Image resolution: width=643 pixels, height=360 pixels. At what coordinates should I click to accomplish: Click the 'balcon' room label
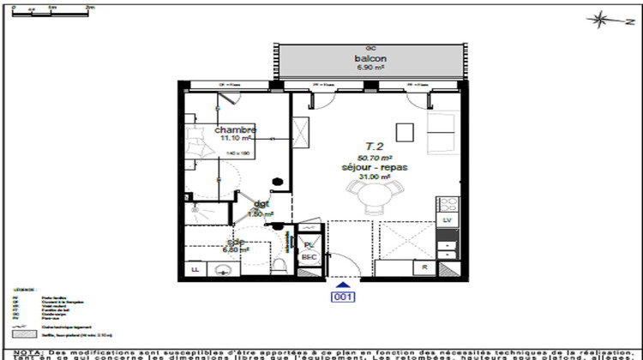point(370,58)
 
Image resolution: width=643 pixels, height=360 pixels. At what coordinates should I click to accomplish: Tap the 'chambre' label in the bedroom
point(236,130)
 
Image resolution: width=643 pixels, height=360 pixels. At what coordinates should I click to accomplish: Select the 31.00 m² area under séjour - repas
point(374,177)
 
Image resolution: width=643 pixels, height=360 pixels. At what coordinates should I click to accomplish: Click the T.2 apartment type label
point(374,147)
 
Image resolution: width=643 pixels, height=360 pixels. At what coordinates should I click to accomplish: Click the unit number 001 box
point(343,297)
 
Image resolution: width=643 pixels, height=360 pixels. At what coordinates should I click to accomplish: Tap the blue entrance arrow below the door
point(343,285)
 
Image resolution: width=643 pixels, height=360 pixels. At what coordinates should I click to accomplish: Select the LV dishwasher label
point(447,219)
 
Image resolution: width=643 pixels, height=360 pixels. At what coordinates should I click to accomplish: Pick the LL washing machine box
point(195,270)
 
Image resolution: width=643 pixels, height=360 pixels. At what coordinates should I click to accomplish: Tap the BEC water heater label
point(309,257)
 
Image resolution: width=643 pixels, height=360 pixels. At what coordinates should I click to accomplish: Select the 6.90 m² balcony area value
point(370,68)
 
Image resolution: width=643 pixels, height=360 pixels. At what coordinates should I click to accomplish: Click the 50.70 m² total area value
point(374,158)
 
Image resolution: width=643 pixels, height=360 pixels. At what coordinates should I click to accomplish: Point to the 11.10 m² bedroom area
point(235,138)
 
